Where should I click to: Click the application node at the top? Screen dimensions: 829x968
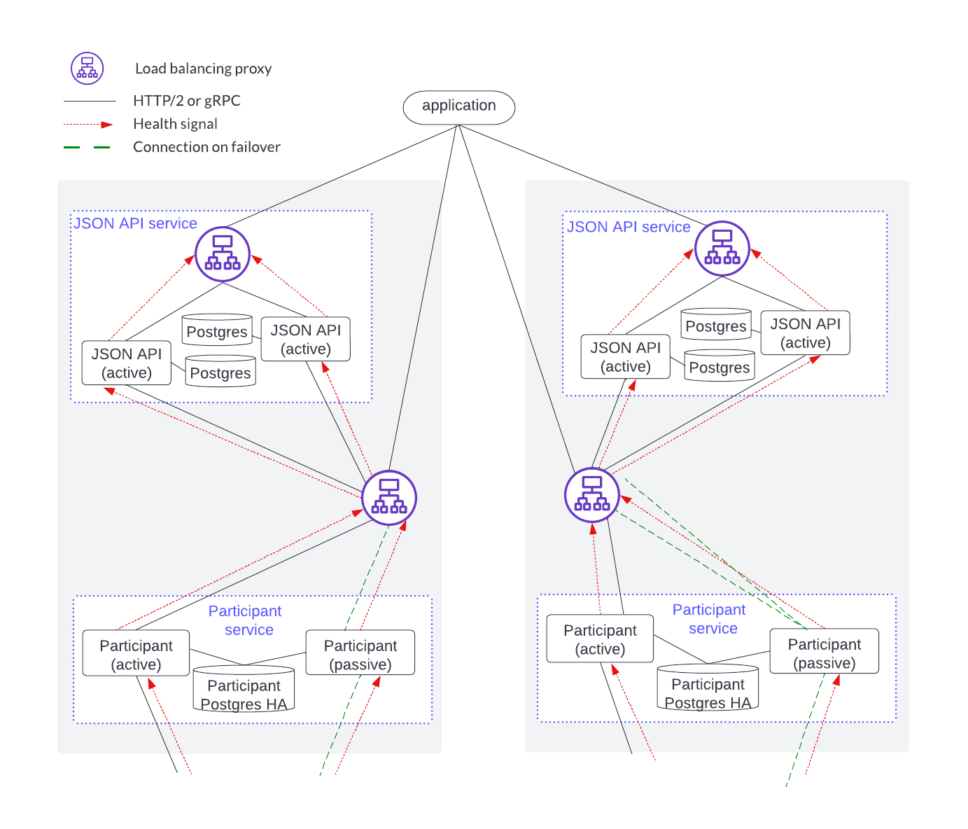click(x=458, y=107)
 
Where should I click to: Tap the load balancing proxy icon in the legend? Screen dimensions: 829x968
click(x=87, y=69)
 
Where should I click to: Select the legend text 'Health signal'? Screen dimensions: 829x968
click(x=175, y=124)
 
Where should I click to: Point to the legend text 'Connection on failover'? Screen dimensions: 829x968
click(x=206, y=147)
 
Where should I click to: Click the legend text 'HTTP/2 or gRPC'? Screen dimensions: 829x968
click(x=186, y=101)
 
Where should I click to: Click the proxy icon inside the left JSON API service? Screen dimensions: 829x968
click(x=223, y=253)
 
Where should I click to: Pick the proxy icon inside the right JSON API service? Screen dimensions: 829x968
click(x=722, y=249)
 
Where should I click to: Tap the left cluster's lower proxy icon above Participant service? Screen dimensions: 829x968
click(x=389, y=497)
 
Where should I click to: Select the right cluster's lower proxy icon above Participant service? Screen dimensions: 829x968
click(x=592, y=494)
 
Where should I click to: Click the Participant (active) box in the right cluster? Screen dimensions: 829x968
click(x=600, y=639)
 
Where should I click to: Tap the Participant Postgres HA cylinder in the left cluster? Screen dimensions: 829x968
click(x=244, y=690)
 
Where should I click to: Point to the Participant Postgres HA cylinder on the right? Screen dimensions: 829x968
click(x=708, y=688)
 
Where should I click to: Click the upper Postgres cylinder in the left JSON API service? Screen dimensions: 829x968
click(x=217, y=330)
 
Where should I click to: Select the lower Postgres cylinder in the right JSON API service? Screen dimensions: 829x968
click(x=719, y=366)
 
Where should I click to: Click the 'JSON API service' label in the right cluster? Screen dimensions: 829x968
click(x=629, y=227)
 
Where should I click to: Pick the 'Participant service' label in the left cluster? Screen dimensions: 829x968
click(x=246, y=620)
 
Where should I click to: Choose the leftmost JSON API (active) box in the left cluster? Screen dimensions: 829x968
click(x=127, y=363)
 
